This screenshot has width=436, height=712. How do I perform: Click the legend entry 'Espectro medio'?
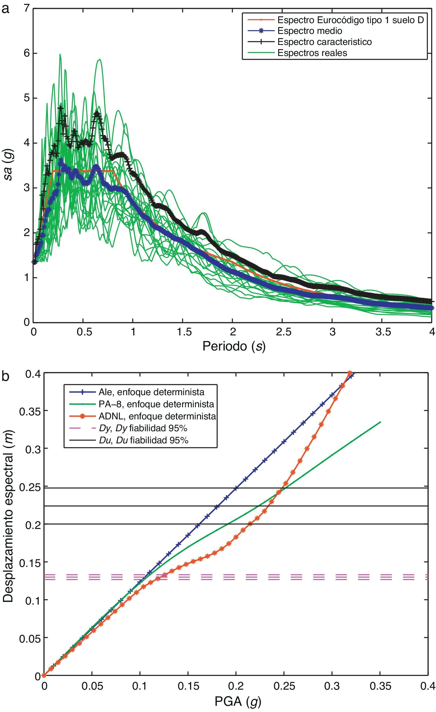(310, 31)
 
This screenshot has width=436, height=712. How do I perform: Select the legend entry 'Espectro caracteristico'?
(325, 42)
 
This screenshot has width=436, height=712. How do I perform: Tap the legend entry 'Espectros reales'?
(312, 53)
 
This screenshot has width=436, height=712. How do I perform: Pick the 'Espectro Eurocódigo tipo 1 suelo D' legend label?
(350, 20)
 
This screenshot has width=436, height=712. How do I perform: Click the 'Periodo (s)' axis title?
(233, 346)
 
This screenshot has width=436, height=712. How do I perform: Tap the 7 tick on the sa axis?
(27, 9)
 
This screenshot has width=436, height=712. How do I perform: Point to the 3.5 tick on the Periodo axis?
(382, 332)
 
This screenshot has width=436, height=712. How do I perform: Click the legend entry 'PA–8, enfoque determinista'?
(156, 404)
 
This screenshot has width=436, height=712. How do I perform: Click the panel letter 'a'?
(6, 9)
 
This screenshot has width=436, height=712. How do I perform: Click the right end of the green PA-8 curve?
(380, 422)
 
